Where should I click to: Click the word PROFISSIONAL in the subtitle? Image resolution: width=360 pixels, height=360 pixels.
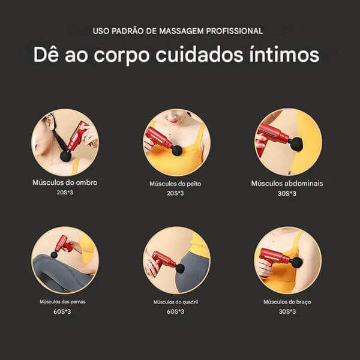click(x=235, y=31)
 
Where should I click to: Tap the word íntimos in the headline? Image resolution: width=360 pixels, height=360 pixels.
click(x=284, y=55)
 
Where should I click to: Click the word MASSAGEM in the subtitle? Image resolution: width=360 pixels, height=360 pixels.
click(x=181, y=31)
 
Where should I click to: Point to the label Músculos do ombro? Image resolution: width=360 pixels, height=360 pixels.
click(x=65, y=182)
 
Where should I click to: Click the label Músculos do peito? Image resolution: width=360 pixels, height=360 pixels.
click(x=175, y=184)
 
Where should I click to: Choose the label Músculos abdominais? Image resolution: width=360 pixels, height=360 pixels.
click(x=287, y=184)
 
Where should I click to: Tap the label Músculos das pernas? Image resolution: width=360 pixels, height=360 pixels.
click(x=62, y=302)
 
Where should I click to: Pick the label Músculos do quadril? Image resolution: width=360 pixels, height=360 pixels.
click(x=176, y=302)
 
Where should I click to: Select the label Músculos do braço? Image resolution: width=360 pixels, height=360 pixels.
click(x=287, y=302)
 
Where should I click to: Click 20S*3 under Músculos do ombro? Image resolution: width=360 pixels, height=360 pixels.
click(x=65, y=193)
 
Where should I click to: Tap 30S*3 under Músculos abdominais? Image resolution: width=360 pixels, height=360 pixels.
click(x=287, y=194)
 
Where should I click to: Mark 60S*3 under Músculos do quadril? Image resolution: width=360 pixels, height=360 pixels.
click(x=176, y=311)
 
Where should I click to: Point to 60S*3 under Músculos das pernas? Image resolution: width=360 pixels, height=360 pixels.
click(x=62, y=311)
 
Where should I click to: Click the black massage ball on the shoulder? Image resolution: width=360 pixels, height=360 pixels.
click(x=66, y=156)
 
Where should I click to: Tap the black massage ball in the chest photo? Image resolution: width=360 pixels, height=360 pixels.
click(x=177, y=150)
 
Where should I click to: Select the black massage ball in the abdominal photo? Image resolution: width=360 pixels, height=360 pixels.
click(x=296, y=144)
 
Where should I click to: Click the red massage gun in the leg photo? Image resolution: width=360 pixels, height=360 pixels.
click(x=62, y=245)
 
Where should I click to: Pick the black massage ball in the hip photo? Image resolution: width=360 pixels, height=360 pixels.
click(x=180, y=269)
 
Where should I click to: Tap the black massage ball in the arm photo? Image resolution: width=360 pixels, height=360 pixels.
click(x=296, y=262)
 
